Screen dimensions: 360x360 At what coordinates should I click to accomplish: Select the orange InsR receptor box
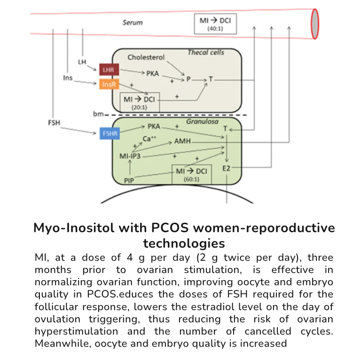click(x=106, y=85)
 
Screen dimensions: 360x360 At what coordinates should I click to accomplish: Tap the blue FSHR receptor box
click(x=107, y=133)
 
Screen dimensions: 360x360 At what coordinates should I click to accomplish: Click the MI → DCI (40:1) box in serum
click(x=216, y=23)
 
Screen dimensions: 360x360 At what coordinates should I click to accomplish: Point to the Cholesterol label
click(x=146, y=57)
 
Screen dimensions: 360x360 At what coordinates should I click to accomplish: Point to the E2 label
click(x=227, y=167)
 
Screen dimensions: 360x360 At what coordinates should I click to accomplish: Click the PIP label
click(x=130, y=180)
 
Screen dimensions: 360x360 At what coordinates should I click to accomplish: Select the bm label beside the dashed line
click(x=98, y=114)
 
